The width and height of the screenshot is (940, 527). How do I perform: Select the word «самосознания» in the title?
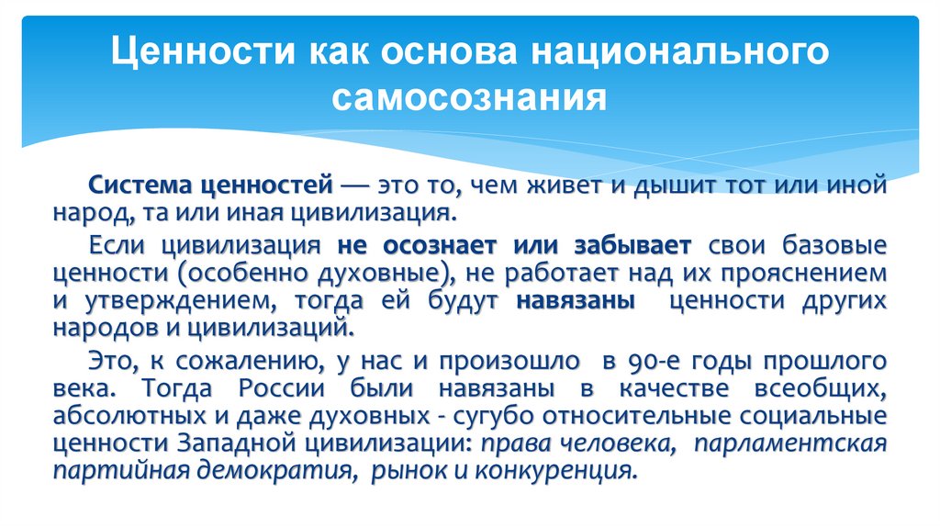pyautogui.click(x=469, y=96)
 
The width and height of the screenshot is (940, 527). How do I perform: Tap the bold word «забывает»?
pyautogui.click(x=635, y=247)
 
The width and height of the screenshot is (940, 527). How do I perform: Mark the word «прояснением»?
pyautogui.click(x=811, y=274)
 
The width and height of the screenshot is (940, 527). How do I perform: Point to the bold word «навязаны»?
pyautogui.click(x=576, y=300)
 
